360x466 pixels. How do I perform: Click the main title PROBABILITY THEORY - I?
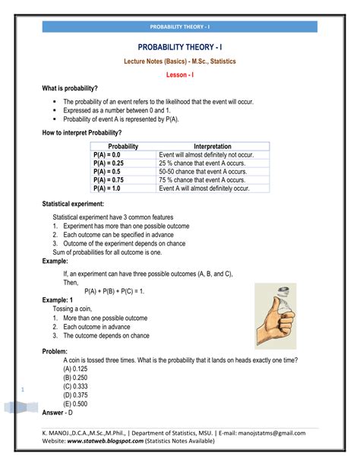coord(180,47)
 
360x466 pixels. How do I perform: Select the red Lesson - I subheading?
coord(180,74)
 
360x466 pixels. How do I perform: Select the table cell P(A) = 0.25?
coord(112,163)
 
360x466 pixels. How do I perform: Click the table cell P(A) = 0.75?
coord(112,182)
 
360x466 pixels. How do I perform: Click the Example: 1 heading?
coord(64,300)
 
